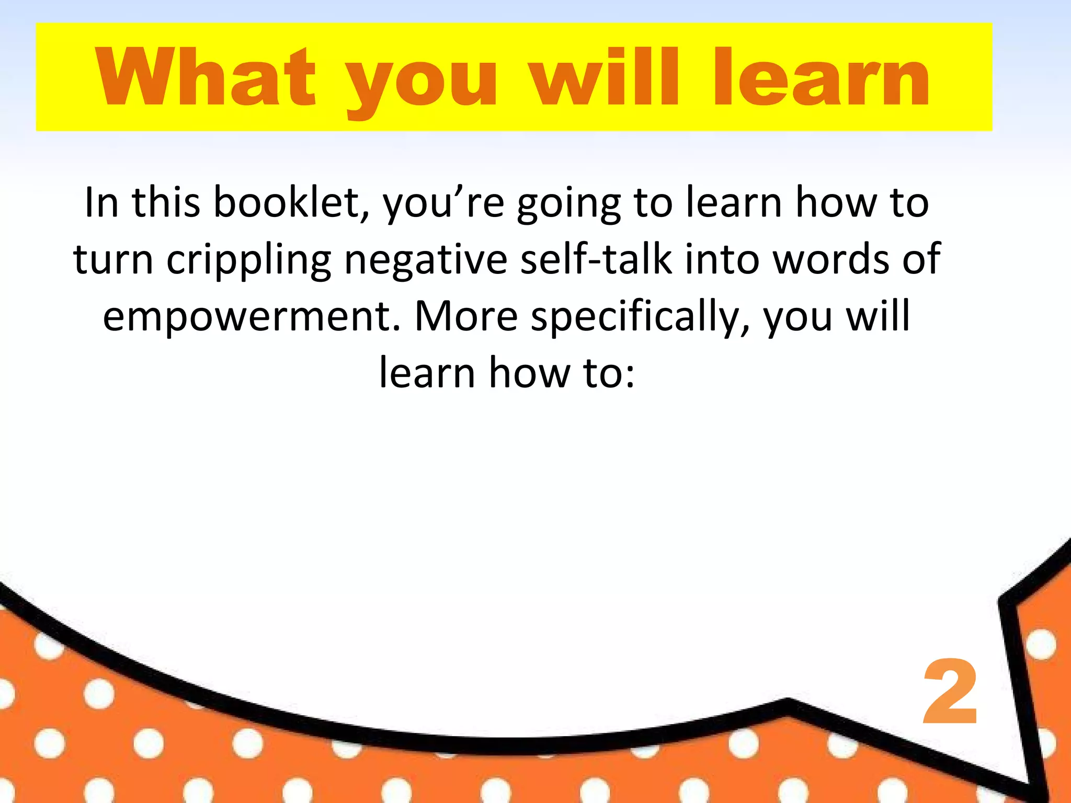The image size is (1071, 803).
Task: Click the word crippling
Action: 249,260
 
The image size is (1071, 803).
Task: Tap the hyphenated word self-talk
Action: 596,260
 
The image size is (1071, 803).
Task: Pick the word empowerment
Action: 252,317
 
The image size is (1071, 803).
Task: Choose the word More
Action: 465,317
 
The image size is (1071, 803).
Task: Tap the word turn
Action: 113,260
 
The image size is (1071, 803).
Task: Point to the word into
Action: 722,260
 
